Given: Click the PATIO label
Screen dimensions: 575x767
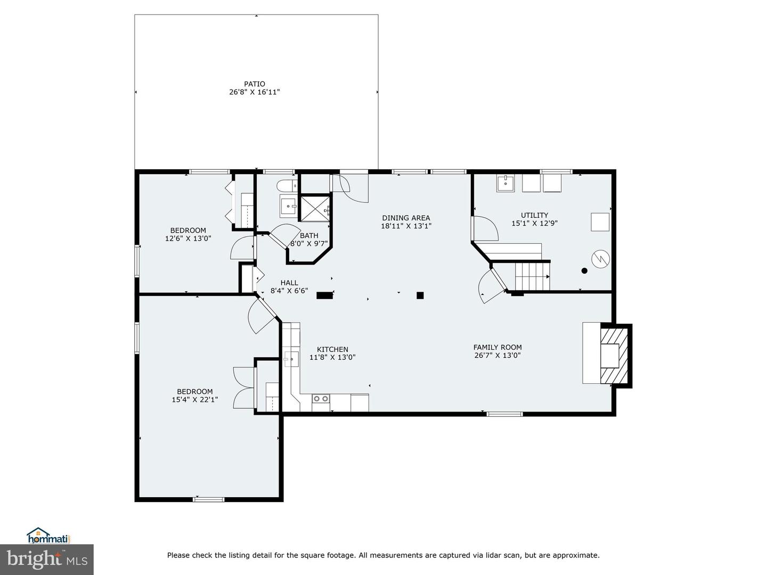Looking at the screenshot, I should coord(255,84).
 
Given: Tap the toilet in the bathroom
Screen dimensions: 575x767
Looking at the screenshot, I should coord(287,186).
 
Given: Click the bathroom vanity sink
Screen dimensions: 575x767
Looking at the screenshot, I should coord(289,206).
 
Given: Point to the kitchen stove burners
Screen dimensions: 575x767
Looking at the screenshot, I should coord(321,398).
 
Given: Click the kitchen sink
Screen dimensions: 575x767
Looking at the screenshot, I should coord(291,359).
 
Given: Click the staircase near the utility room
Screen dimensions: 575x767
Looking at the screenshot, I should coord(532,275).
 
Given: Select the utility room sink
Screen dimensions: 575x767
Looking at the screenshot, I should coord(505,183).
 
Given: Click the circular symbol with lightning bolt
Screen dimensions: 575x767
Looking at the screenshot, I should coord(600,259).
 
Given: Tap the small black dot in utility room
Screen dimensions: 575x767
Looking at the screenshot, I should coord(584,270).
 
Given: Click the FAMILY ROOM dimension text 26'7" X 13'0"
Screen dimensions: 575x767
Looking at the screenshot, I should coord(497,355).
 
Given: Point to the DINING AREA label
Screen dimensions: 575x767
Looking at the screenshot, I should coord(406,218).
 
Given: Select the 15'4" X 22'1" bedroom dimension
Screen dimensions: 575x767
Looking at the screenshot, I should coord(195,399).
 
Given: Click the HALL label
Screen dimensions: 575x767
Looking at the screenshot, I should coord(289,283).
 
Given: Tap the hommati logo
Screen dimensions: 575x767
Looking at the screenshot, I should coord(48,536).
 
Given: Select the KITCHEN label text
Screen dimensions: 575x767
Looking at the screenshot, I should coord(332,349).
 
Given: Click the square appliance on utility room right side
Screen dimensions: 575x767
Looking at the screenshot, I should coord(600,221).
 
